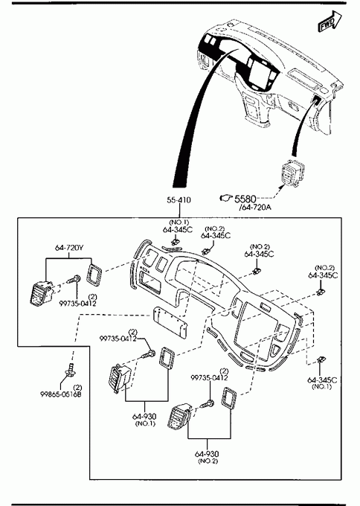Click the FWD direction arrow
(330, 22)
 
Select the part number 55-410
(179, 200)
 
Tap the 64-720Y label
(69, 248)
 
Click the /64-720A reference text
(255, 207)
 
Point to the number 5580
(245, 199)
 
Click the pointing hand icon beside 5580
(226, 198)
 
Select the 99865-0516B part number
(61, 394)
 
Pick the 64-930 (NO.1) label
(145, 419)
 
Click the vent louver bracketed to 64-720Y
(40, 292)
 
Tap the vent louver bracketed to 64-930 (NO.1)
(119, 379)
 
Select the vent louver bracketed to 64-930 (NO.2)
(180, 417)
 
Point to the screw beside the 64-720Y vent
(74, 279)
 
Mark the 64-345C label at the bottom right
(321, 382)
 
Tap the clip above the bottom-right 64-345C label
(321, 360)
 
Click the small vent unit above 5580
(292, 173)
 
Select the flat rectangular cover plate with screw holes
(170, 323)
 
